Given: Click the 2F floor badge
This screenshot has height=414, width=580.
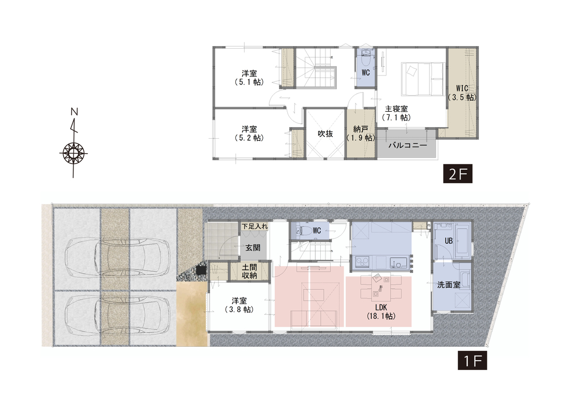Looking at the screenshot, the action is coord(457,173).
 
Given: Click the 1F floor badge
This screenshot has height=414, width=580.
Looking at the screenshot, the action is coord(472,361).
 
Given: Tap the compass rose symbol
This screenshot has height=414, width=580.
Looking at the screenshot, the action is coord(73,153).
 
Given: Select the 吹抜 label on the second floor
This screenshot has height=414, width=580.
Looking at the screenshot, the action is coord(325,134).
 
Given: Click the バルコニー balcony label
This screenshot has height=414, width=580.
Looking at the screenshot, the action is coord(407,145).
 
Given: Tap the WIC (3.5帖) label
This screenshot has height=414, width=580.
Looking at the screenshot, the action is coord(463,93).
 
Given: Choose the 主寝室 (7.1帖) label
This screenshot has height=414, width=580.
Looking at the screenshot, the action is coord(396,113).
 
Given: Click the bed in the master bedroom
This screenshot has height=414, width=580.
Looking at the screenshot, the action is coord(422,79).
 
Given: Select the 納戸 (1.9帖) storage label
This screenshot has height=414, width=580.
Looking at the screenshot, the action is coord(361,134).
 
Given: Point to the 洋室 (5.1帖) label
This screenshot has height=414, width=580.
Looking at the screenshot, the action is coord(249,78).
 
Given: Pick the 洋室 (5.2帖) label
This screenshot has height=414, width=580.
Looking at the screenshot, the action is coord(249,134).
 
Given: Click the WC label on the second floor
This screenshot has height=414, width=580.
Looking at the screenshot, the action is coord(365,73).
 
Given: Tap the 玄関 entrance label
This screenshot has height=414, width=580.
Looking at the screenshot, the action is coord(253,247).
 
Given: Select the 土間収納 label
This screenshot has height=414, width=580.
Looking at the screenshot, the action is coord(249,271).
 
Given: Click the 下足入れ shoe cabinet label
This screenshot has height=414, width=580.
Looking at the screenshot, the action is coord(255,226).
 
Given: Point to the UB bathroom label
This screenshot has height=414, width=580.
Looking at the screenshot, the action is coord(449,241).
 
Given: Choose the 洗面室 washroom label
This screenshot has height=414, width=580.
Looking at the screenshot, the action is coord(449,285).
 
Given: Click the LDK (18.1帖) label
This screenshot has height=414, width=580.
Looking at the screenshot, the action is coord(381,312).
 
